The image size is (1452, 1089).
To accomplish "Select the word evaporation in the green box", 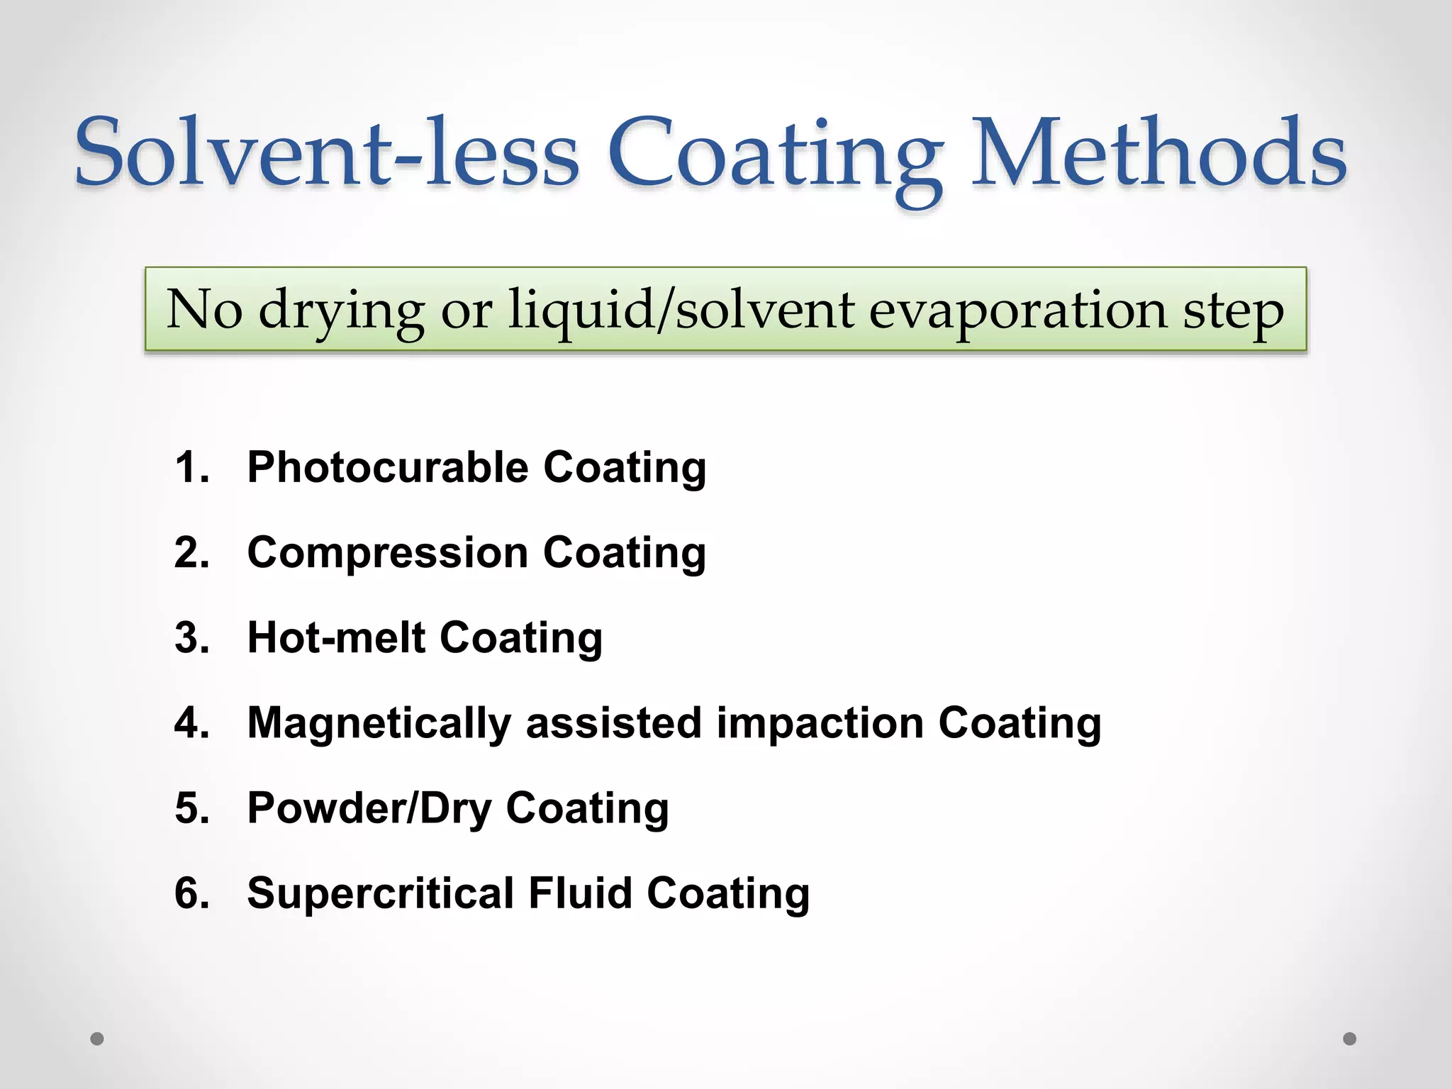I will point(1017,311).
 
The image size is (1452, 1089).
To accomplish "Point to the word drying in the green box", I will point(341,311).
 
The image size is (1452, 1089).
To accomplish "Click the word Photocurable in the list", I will point(388,468).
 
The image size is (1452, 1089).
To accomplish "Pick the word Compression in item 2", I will point(388,552).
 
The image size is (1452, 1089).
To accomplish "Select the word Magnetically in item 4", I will point(379,723).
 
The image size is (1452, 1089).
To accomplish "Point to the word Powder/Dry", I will point(369,808).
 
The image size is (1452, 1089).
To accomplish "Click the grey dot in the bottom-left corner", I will point(97,1039).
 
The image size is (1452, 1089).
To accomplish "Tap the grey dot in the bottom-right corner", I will point(1350,1039).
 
